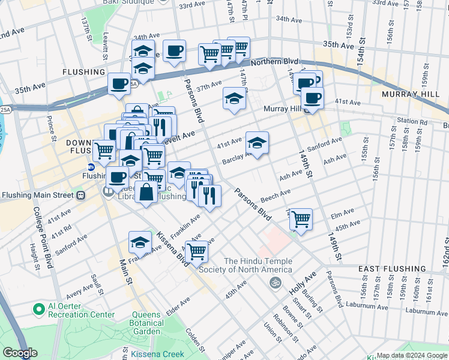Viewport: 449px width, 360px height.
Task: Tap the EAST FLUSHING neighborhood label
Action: click(x=393, y=269)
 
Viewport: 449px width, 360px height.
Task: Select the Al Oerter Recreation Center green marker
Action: click(x=40, y=310)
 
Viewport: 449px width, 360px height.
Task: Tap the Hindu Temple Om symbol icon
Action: click(x=276, y=282)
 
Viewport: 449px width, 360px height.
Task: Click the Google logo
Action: click(x=20, y=353)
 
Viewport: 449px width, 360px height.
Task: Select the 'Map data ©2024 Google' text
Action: click(x=412, y=355)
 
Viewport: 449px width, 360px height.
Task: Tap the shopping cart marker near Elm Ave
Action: click(x=301, y=218)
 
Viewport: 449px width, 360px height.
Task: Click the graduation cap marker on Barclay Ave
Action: click(x=257, y=143)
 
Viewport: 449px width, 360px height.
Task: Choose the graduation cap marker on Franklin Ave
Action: click(x=140, y=242)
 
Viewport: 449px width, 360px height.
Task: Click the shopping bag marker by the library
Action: click(x=146, y=193)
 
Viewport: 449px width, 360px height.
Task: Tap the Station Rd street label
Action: click(x=412, y=121)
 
